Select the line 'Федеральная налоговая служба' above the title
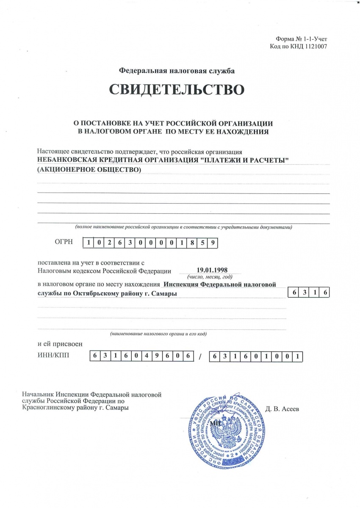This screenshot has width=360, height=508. pos(177,71)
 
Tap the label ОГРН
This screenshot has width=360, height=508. pos(64,242)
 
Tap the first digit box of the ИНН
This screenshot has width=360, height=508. pos(94,356)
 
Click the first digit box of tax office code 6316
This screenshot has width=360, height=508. pos(293,293)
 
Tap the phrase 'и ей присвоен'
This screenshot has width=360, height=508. pos(60,344)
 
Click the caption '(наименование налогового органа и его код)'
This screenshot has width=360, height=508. pos(158,334)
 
